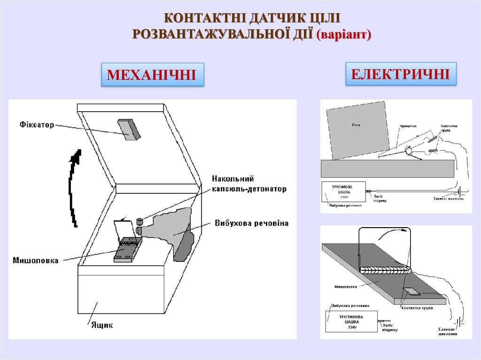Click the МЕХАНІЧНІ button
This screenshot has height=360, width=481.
coord(152,75)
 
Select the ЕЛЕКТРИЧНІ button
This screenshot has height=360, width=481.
coord(401,74)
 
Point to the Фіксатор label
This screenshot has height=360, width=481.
coord(37,125)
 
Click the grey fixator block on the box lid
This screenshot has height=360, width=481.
coord(129,129)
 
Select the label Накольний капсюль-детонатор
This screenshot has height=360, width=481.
coord(248,184)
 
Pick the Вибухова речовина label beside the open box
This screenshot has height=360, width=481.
coord(251,222)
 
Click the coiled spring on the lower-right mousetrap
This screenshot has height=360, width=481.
coord(386,270)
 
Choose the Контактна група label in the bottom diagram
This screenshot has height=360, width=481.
coord(417,308)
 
